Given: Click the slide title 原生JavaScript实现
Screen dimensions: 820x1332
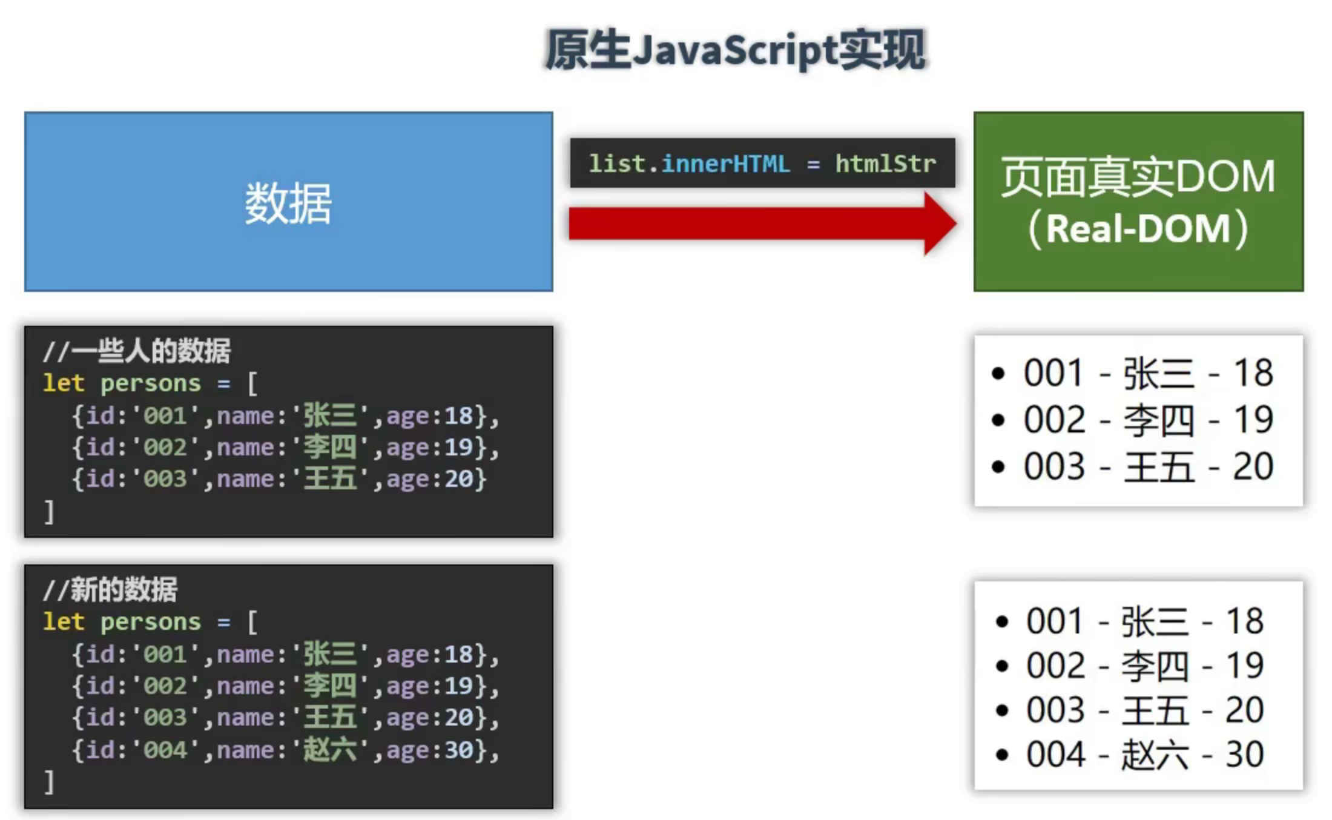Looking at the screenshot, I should (735, 50).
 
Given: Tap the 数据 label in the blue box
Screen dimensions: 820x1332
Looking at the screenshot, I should (288, 203).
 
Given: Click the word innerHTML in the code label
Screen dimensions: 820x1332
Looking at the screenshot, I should (725, 164).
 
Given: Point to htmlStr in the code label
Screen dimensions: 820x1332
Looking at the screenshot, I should (885, 164).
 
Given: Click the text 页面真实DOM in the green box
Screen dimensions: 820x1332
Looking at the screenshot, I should (1138, 177).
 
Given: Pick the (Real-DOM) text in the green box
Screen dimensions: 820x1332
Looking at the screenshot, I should (1138, 229).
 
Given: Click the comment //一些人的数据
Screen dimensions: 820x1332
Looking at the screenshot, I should (137, 351).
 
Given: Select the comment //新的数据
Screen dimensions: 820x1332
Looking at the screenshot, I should (110, 589).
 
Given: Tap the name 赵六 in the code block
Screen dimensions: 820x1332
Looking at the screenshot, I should (329, 750).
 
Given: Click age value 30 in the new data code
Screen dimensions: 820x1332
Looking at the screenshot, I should (459, 750).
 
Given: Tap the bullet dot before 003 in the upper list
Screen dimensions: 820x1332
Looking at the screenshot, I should (998, 467).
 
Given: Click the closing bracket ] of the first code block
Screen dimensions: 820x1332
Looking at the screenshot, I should (49, 512).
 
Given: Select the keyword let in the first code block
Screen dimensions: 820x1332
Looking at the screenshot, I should (63, 383).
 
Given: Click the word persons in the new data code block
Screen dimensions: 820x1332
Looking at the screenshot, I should (150, 622).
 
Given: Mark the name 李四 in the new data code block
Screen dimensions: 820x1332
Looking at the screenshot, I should (329, 686).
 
